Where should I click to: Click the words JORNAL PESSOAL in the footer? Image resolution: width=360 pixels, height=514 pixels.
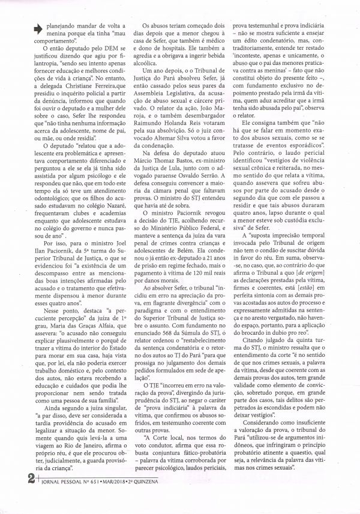pos(47,497)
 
